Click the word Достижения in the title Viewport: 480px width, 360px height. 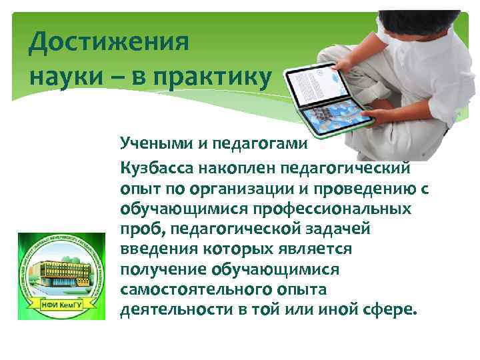tap(109, 45)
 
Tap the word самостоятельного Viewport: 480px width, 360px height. tap(197, 290)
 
